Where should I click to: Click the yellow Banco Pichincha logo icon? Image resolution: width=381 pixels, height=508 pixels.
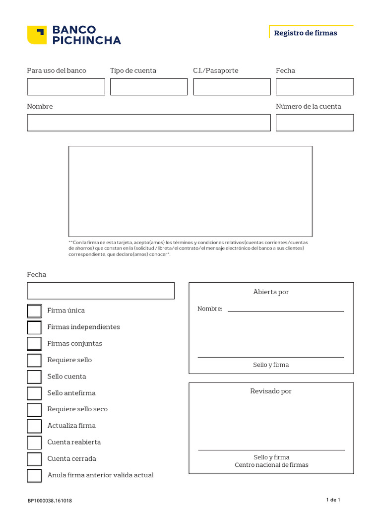[x=37, y=35]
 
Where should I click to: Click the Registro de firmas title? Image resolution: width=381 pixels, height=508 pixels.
[x=305, y=33]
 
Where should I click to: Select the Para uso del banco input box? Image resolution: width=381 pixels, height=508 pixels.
[x=66, y=87]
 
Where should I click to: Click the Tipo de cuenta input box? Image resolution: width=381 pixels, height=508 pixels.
[x=149, y=87]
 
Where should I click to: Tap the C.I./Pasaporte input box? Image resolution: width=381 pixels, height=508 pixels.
[x=232, y=87]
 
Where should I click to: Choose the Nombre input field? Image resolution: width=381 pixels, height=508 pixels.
[x=149, y=123]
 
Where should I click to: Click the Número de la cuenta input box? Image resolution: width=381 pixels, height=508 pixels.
[x=315, y=123]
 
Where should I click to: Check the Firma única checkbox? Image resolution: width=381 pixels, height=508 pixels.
[x=34, y=311]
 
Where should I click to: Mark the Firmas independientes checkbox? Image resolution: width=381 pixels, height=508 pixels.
[x=34, y=327]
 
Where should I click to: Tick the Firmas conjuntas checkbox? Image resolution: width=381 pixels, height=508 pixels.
[x=34, y=344]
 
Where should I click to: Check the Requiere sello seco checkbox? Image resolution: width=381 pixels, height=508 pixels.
[x=34, y=410]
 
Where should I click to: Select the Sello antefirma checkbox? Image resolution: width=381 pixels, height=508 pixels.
[x=34, y=393]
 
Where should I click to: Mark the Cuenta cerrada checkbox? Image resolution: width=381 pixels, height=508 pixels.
[x=34, y=459]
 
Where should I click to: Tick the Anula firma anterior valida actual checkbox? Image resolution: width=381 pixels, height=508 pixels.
[x=34, y=475]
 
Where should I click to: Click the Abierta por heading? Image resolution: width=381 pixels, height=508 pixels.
[x=271, y=292]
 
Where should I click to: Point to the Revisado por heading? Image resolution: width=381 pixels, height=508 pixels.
[x=271, y=391]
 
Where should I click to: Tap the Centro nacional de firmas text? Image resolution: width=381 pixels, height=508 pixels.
[x=271, y=465]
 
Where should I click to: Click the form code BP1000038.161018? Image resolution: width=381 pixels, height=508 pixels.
[x=50, y=501]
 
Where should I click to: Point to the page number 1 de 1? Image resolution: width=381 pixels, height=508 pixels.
[x=333, y=500]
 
